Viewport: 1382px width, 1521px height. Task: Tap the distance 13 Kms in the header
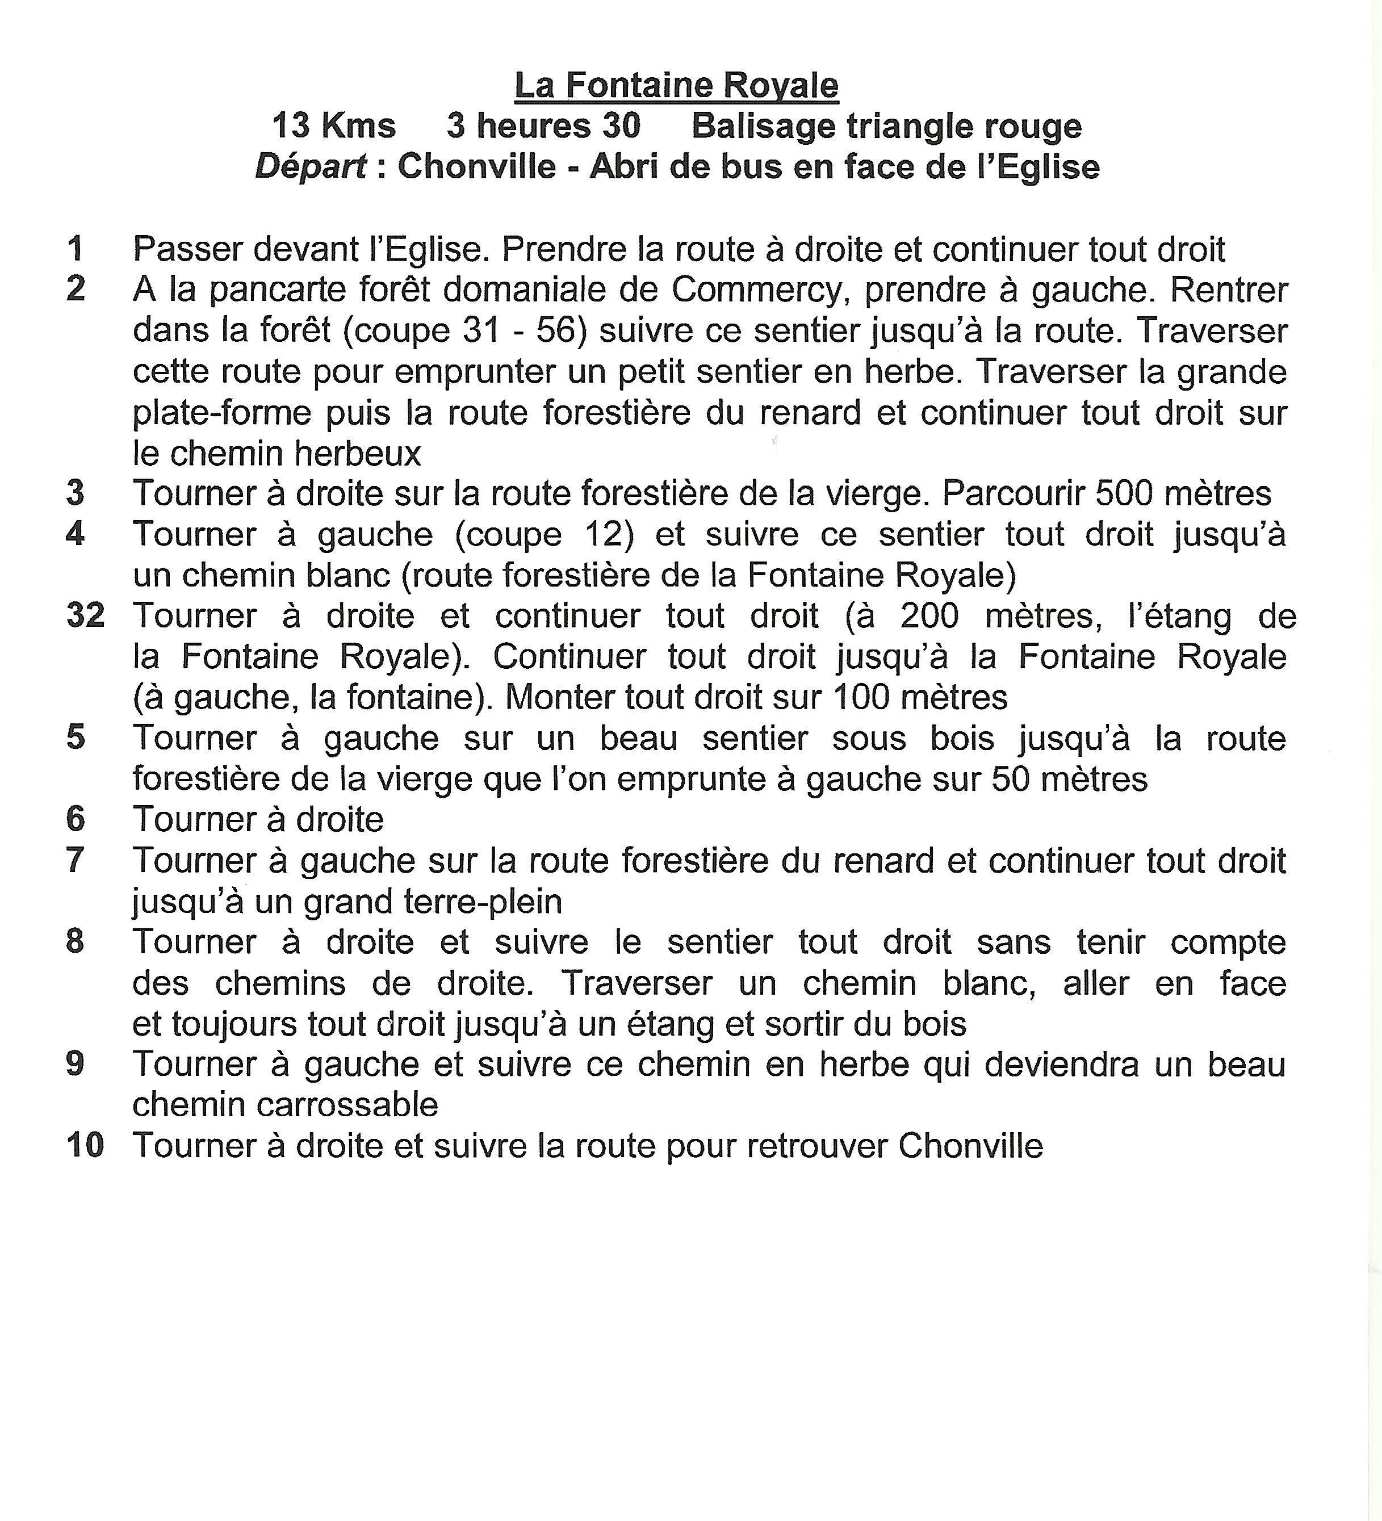point(333,126)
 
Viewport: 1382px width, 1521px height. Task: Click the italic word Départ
point(311,167)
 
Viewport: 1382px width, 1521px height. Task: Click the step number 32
point(85,615)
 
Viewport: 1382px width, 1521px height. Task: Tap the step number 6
point(76,819)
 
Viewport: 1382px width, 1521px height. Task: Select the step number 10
point(85,1145)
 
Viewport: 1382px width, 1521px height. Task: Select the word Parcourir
point(1013,494)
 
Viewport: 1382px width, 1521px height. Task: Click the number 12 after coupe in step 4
point(609,535)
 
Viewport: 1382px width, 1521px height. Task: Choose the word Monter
point(559,698)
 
